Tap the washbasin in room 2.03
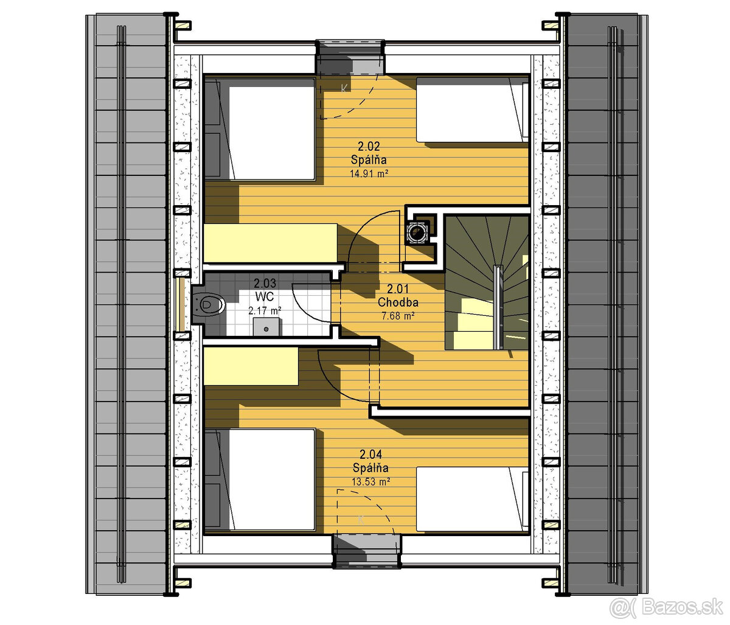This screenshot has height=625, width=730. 267,326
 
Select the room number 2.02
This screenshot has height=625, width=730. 369,146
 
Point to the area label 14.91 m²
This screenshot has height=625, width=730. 369,173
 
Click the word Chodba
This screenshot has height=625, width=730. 398,302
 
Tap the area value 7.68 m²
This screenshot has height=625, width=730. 398,316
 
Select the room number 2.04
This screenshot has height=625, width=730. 370,454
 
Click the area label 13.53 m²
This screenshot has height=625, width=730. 371,481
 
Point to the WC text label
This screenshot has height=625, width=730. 265,296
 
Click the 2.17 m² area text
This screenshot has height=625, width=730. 265,310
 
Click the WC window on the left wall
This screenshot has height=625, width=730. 181,304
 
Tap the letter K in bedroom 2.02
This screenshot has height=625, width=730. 344,88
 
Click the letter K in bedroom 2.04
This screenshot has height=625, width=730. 361,520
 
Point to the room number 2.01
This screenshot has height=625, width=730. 398,289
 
